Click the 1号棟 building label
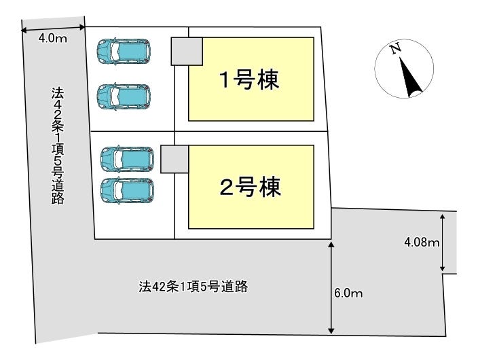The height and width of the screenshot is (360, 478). pyautogui.click(x=249, y=80)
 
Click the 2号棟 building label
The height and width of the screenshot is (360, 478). pyautogui.click(x=250, y=188)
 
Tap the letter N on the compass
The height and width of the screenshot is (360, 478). pyautogui.click(x=393, y=49)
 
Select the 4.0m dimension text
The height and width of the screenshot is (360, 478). pyautogui.click(x=52, y=39)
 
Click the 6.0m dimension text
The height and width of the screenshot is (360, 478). pyautogui.click(x=349, y=293)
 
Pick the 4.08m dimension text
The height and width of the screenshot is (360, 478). pyautogui.click(x=422, y=242)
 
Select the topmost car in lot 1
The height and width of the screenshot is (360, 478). pyautogui.click(x=125, y=50)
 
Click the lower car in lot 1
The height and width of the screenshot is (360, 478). pyautogui.click(x=125, y=96)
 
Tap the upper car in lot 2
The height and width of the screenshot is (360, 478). pyautogui.click(x=127, y=158)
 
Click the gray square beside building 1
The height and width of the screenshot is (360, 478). pyautogui.click(x=186, y=52)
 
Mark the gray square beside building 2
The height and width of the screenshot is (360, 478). pyautogui.click(x=174, y=158)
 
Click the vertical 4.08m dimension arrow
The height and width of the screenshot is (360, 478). pyautogui.click(x=443, y=242)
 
